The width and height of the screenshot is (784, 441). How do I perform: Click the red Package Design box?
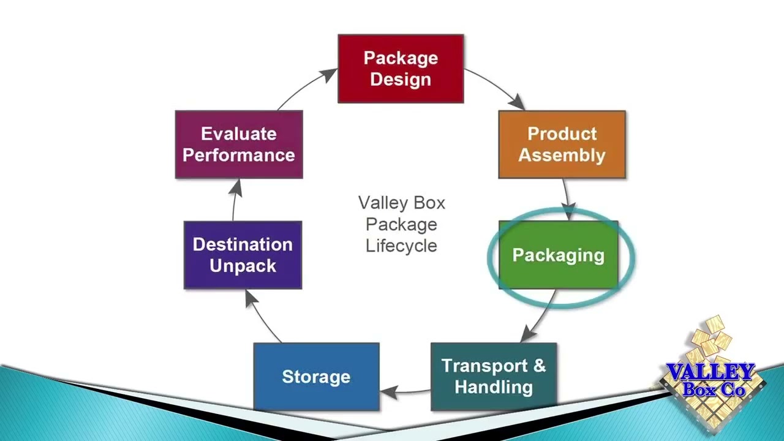(x=401, y=69)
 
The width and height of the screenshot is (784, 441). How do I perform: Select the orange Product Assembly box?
(x=562, y=145)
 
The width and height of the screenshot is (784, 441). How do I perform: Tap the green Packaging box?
(x=558, y=255)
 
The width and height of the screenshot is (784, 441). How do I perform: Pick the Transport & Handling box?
(x=494, y=376)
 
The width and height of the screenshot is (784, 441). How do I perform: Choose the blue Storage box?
(x=316, y=376)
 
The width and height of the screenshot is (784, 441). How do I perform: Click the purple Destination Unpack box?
(x=243, y=255)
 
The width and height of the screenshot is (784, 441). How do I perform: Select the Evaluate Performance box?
(x=239, y=145)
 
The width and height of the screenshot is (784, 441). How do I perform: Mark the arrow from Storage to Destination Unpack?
(x=260, y=315)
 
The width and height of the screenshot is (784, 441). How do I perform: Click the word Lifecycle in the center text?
(x=401, y=246)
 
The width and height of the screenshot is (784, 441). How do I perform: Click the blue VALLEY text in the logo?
(x=710, y=372)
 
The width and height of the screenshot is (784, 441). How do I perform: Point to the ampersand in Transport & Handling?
(x=539, y=366)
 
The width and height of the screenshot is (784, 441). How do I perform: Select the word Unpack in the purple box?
(x=243, y=266)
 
